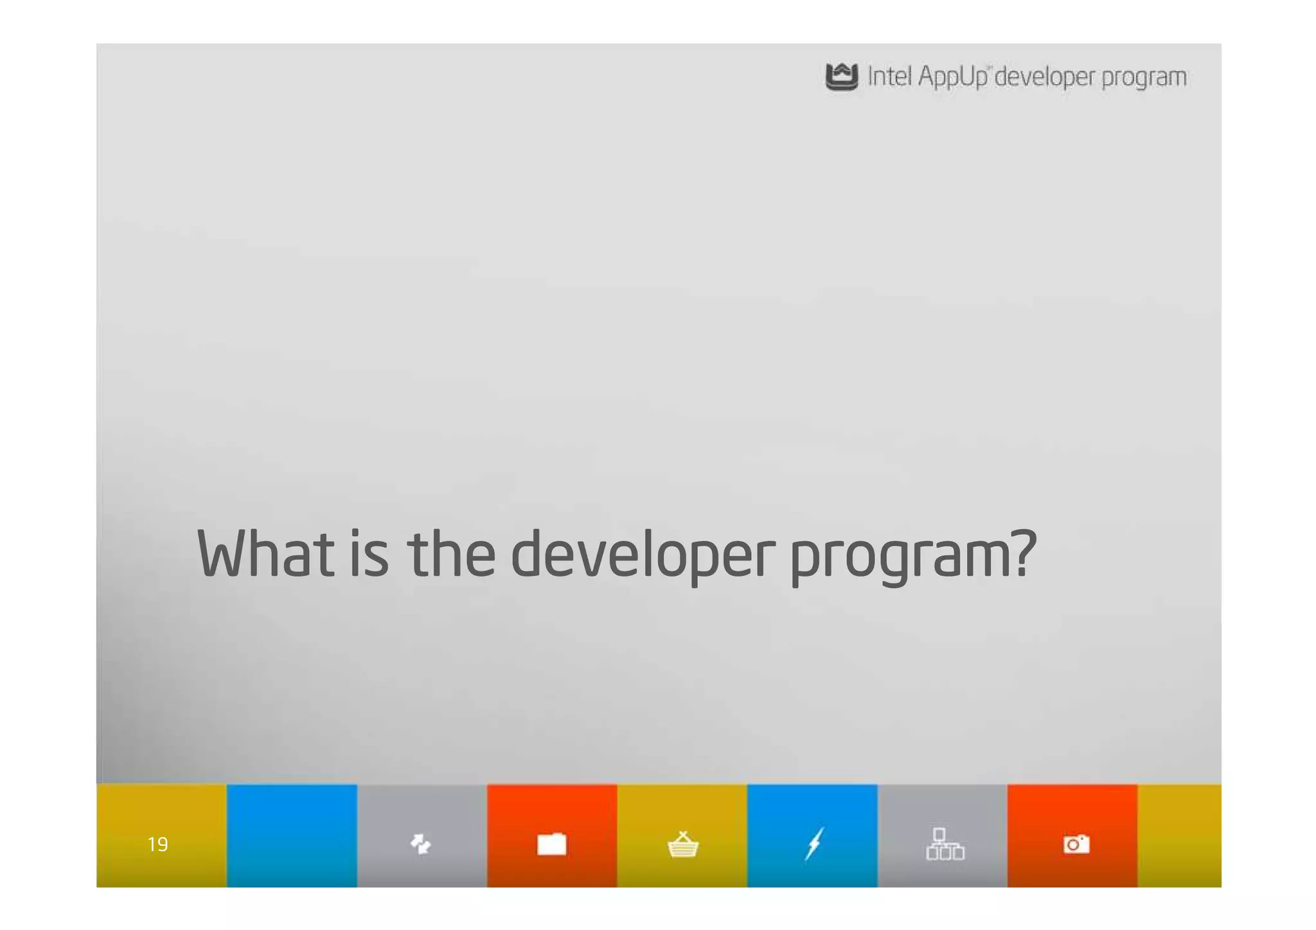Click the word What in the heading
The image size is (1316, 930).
pyautogui.click(x=265, y=553)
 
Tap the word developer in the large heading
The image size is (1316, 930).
pyautogui.click(x=643, y=555)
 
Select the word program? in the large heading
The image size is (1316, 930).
pyautogui.click(x=913, y=556)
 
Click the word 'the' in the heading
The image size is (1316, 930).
pyautogui.click(x=452, y=553)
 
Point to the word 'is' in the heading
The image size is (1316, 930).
pyautogui.click(x=369, y=553)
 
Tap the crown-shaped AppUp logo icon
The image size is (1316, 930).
pyautogui.click(x=841, y=77)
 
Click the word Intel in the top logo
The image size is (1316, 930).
pyautogui.click(x=889, y=76)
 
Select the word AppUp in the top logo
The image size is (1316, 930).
pyautogui.click(x=952, y=77)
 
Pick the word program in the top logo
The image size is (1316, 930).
pyautogui.click(x=1144, y=78)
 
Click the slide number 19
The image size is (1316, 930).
pyautogui.click(x=158, y=844)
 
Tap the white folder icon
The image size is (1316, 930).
pyautogui.click(x=551, y=844)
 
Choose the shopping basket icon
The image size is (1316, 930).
pyautogui.click(x=682, y=845)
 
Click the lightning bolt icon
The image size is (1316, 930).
pyautogui.click(x=814, y=843)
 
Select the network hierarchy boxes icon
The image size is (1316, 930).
pyautogui.click(x=945, y=844)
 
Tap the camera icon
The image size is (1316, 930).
pyautogui.click(x=1076, y=844)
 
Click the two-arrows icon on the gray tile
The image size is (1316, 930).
pyautogui.click(x=421, y=844)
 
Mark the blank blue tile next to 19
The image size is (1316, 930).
pyautogui.click(x=292, y=836)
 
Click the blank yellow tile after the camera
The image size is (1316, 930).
pyautogui.click(x=1179, y=836)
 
